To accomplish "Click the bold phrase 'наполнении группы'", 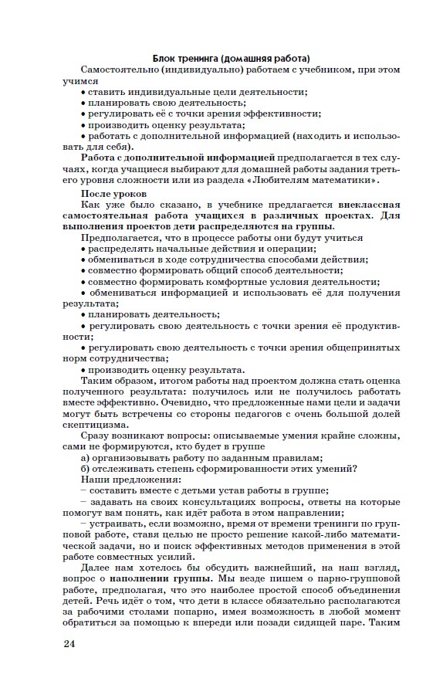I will coord(160,577).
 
